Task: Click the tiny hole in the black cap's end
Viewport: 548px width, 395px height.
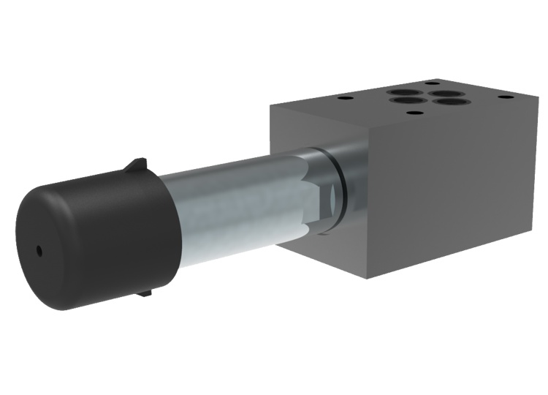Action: click(40, 251)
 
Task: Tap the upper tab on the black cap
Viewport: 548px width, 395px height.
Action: click(136, 167)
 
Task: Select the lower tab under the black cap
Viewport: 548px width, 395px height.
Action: click(144, 292)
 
